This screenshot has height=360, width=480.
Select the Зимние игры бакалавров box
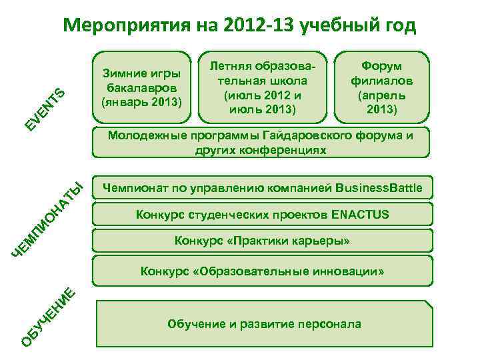pos(142,87)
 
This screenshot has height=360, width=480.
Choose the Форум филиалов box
pos(382,87)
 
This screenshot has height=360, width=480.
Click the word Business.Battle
pos(379,188)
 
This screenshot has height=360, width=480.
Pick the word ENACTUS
pos(359,215)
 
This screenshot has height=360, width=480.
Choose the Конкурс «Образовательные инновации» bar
pos(261,271)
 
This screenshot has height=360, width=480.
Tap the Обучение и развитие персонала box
pos(264,325)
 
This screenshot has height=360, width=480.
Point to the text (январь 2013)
pos(142,103)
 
